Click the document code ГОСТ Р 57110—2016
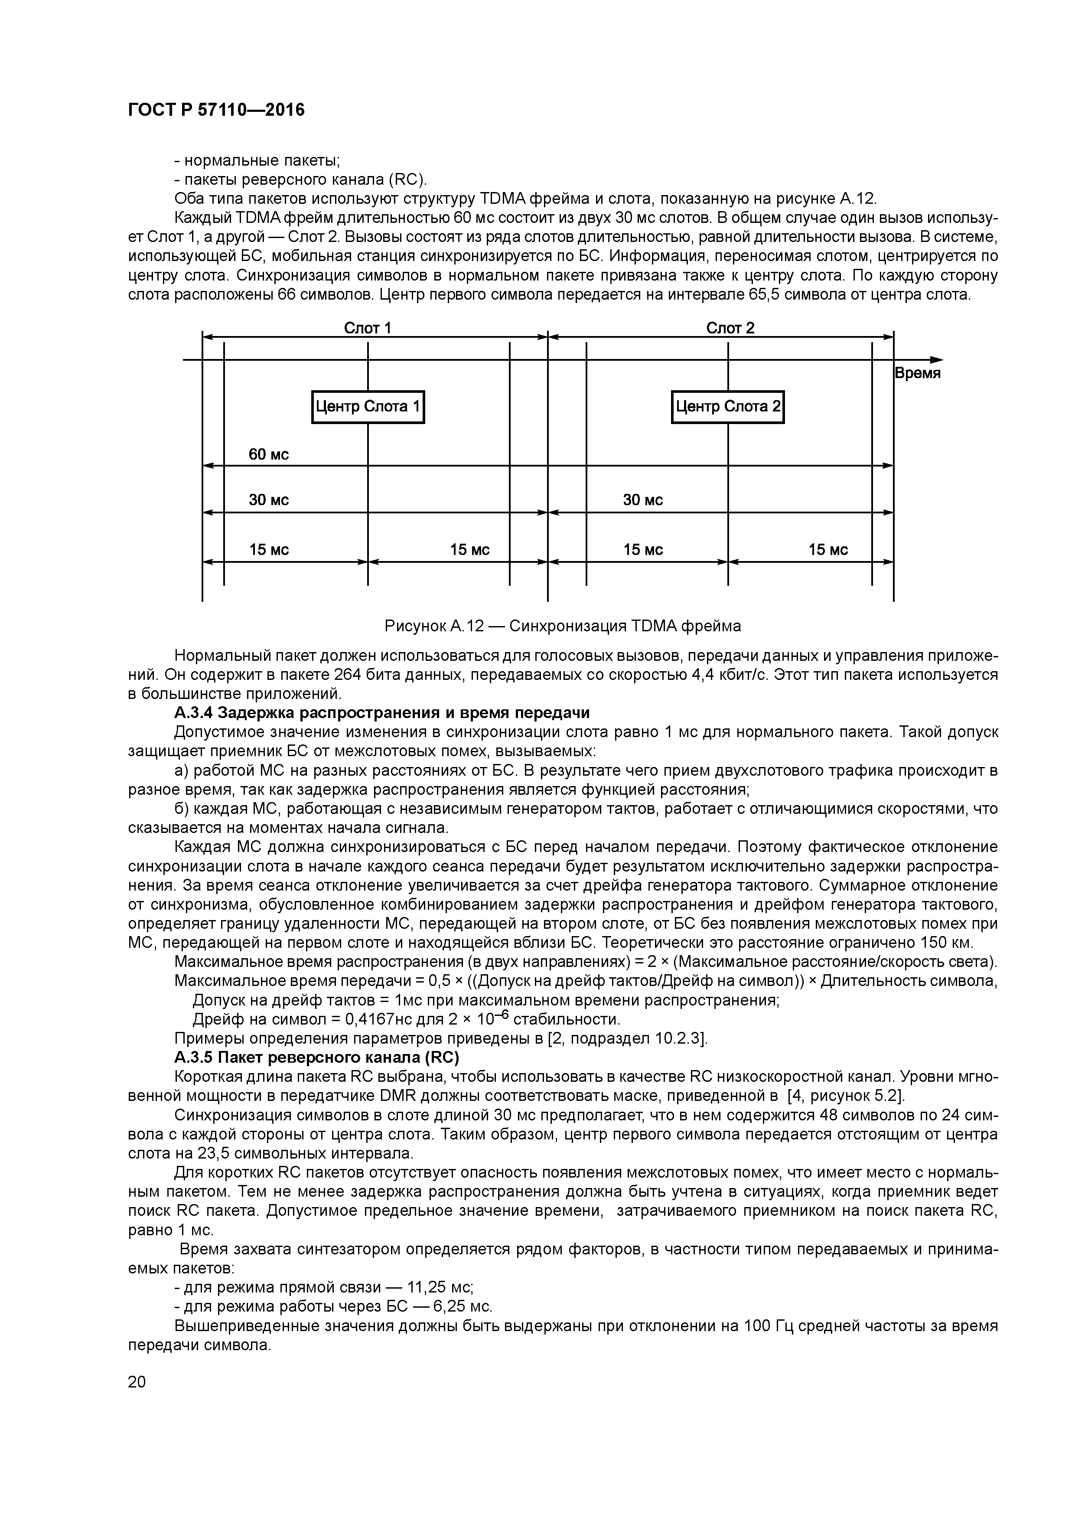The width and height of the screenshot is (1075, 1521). click(216, 110)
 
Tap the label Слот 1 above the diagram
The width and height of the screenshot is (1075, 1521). click(368, 328)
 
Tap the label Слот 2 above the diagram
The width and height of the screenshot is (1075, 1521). click(730, 328)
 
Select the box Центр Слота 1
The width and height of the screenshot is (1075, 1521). click(368, 407)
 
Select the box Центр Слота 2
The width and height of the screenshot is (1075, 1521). click(727, 407)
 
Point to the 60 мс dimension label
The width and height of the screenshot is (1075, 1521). click(269, 454)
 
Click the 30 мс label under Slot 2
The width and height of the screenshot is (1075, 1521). click(642, 500)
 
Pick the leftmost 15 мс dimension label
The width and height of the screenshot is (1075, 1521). click(269, 550)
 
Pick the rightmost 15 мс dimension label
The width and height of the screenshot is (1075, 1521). click(828, 550)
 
